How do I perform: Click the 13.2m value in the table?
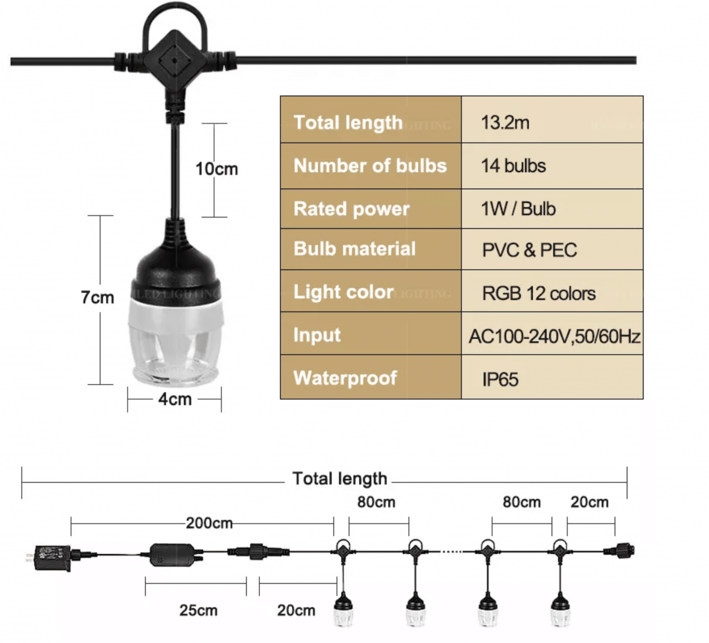click(x=505, y=123)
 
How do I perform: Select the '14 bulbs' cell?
click(x=513, y=166)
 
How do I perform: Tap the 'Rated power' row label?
click(x=351, y=209)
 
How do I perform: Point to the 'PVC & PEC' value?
click(x=529, y=250)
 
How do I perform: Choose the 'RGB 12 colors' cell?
click(x=539, y=293)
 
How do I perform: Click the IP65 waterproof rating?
click(x=500, y=379)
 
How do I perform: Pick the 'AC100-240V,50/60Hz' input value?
click(x=554, y=336)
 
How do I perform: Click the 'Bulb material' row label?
click(x=354, y=249)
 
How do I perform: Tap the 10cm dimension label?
click(x=217, y=169)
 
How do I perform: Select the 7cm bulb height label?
click(x=97, y=297)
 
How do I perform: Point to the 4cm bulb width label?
click(x=175, y=399)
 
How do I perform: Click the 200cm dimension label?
click(x=209, y=523)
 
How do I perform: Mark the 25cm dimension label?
click(x=198, y=610)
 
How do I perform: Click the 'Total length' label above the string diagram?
click(x=340, y=479)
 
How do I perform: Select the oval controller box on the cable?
click(x=173, y=555)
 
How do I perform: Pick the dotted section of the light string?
click(x=451, y=552)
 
